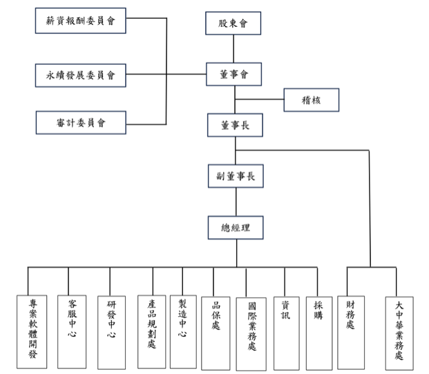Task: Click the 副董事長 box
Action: point(236,176)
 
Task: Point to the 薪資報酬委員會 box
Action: point(81,21)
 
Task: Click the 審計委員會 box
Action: point(81,124)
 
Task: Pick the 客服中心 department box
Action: point(72,331)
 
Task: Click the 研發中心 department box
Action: point(112,331)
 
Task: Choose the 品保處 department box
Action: point(216,332)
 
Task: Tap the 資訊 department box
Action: point(286,332)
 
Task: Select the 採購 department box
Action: point(318,332)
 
